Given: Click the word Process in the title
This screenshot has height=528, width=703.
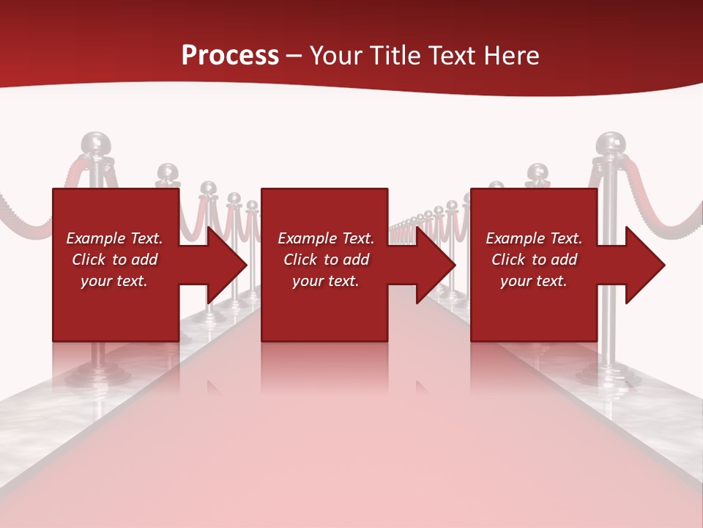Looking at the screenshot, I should [x=230, y=55].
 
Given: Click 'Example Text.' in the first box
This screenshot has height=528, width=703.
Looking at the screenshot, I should [x=114, y=238].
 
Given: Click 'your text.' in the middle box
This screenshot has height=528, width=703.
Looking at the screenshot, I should [x=325, y=281].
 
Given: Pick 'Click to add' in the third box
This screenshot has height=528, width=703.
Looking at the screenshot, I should [x=535, y=260].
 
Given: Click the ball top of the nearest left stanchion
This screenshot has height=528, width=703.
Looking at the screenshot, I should [x=97, y=143].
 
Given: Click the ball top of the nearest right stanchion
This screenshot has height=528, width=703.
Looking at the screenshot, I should [x=611, y=144].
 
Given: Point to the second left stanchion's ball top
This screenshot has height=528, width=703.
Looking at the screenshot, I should [x=168, y=173].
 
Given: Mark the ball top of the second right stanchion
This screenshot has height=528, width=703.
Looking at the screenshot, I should [x=538, y=173].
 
